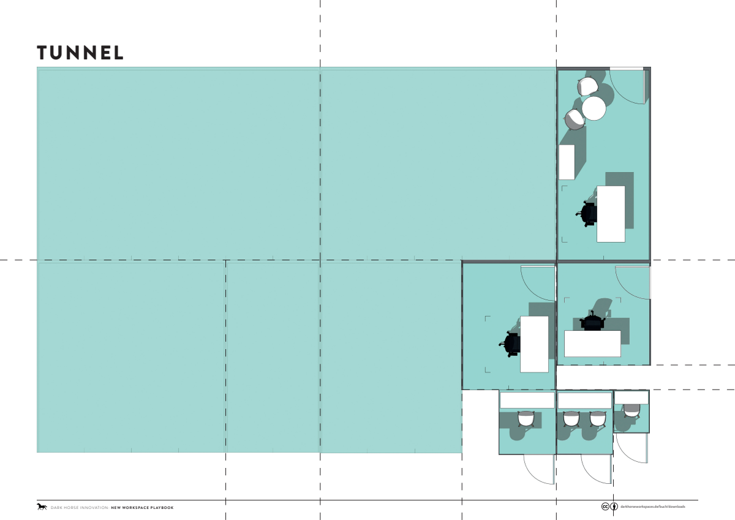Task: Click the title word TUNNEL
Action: point(80,53)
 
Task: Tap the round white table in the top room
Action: point(594,108)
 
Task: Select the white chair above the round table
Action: point(587,86)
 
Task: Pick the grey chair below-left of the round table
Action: point(575,119)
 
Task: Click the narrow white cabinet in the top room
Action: point(567,162)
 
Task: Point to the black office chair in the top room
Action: point(587,214)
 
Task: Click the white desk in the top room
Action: point(611,214)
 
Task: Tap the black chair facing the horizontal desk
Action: point(592,321)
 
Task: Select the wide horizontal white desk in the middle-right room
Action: point(593,343)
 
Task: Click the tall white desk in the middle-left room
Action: point(534,344)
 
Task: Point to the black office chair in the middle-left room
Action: point(510,344)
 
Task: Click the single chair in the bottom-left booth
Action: point(526,419)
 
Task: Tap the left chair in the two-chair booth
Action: point(571,419)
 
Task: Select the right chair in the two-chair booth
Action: point(598,419)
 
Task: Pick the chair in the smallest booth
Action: point(631,411)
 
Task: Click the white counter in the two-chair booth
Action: point(585,401)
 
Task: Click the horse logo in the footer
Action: point(42,507)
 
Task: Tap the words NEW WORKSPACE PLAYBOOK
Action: point(142,508)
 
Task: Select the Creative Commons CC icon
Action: point(605,507)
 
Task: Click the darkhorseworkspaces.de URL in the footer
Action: point(653,507)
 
